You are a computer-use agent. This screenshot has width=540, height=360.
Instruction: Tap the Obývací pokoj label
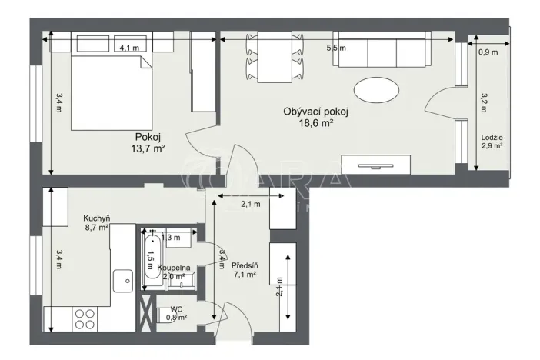pyautogui.click(x=315, y=112)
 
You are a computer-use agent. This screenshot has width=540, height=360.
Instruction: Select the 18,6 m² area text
pyautogui.click(x=315, y=123)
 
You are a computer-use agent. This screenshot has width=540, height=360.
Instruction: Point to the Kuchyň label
pyautogui.click(x=97, y=218)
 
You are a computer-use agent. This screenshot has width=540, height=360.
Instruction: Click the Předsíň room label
pyautogui.click(x=245, y=267)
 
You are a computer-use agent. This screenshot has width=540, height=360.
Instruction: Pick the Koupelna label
pyautogui.click(x=174, y=267)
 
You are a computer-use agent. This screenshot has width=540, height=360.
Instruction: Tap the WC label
pyautogui.click(x=176, y=308)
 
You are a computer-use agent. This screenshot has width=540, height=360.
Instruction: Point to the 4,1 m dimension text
pyautogui.click(x=129, y=48)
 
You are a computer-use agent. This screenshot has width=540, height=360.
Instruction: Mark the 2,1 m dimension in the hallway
pyautogui.click(x=251, y=204)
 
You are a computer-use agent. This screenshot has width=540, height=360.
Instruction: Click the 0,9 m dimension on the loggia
pyautogui.click(x=488, y=53)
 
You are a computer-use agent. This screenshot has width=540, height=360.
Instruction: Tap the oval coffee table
pyautogui.click(x=376, y=89)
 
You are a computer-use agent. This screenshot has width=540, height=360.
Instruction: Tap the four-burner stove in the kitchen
pyautogui.click(x=84, y=318)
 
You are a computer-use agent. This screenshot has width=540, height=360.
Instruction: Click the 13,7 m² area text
pyautogui.click(x=148, y=148)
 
